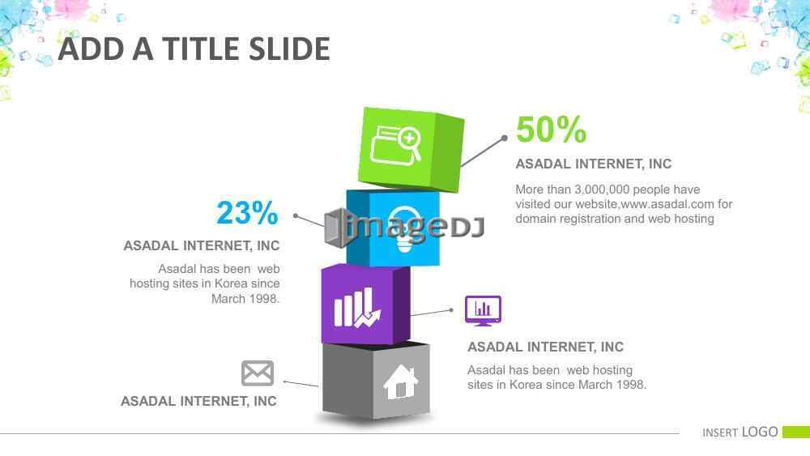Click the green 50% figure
(x=551, y=129)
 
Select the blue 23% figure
(x=247, y=212)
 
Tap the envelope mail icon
(x=258, y=373)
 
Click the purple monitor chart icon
(x=483, y=310)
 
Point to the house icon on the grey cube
(x=400, y=381)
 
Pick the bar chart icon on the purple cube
(x=357, y=308)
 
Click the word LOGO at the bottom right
(x=760, y=432)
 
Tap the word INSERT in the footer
(x=719, y=433)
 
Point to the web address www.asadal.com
(x=667, y=204)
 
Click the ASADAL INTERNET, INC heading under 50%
(x=594, y=164)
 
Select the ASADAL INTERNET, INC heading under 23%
(x=202, y=245)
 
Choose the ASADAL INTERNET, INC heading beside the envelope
(x=199, y=401)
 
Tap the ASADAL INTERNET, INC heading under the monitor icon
(x=545, y=347)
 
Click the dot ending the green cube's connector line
(x=504, y=139)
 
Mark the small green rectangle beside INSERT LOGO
(x=796, y=432)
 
